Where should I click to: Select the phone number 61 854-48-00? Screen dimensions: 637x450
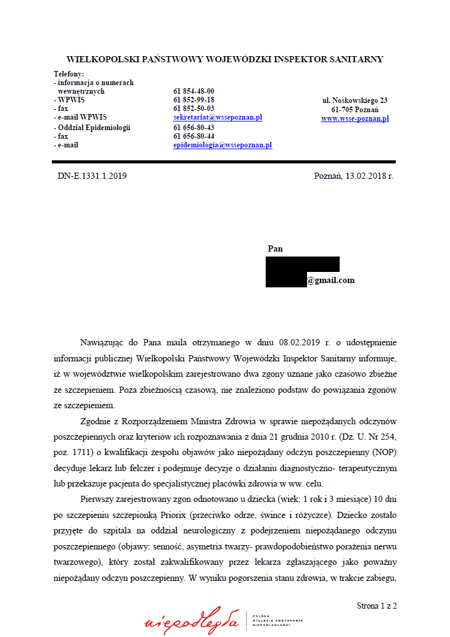(194, 91)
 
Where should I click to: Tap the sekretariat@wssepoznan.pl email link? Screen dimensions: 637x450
(218, 117)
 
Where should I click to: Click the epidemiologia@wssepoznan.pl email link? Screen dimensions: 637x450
(223, 145)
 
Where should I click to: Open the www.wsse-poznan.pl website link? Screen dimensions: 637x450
(354, 118)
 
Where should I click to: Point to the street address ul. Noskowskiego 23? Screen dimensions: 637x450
(354, 100)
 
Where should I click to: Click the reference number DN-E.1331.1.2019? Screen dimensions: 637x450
(92, 176)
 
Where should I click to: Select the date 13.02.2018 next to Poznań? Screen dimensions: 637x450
(368, 176)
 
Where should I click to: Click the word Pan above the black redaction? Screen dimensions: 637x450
(275, 249)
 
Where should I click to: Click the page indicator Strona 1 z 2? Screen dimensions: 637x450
(376, 606)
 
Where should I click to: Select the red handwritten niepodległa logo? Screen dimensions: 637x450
(191, 621)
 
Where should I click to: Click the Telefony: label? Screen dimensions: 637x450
(68, 74)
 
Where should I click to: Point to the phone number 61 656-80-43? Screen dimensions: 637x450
(194, 128)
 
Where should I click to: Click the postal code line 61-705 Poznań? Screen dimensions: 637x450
(354, 109)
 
